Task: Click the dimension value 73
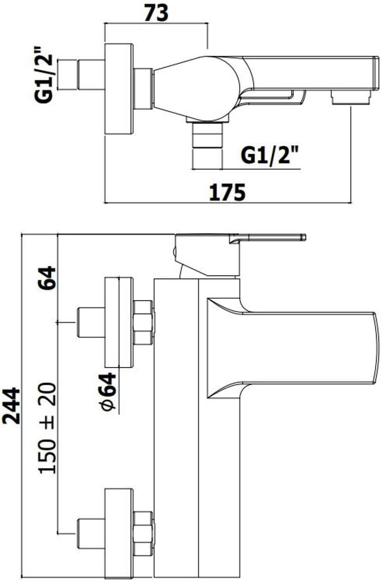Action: click(x=156, y=13)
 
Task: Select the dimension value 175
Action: click(x=227, y=192)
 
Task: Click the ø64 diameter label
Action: click(x=108, y=392)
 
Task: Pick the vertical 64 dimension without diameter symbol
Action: click(x=47, y=278)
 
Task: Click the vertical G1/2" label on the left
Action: click(x=44, y=75)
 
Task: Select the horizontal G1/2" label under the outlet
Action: click(x=270, y=155)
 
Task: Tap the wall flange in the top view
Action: click(x=119, y=89)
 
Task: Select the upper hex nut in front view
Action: click(x=143, y=323)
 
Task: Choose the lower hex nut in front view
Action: click(x=143, y=534)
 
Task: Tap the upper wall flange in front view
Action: click(x=119, y=323)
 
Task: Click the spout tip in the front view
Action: click(x=374, y=348)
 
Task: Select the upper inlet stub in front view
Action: click(x=90, y=323)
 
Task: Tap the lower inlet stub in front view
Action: click(x=90, y=534)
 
